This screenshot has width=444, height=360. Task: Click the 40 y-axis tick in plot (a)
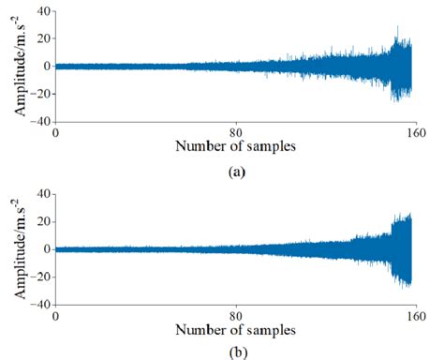(40, 11)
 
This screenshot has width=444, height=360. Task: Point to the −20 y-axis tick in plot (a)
(38, 95)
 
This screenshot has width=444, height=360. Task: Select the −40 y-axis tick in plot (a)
(38, 123)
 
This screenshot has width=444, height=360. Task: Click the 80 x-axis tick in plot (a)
(233, 132)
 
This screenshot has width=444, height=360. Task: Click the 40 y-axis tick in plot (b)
(40, 194)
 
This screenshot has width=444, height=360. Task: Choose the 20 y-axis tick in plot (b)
(40, 222)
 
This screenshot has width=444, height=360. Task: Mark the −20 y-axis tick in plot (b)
(38, 277)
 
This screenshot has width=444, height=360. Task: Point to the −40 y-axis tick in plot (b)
(38, 305)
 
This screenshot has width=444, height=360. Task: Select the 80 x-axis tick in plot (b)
(233, 316)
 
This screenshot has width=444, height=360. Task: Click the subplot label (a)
(232, 172)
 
